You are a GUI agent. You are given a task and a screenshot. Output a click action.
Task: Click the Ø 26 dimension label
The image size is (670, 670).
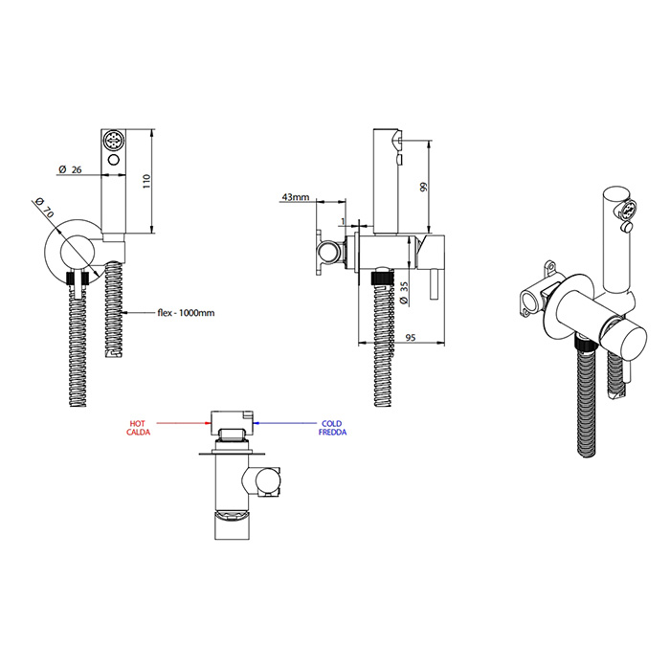coord(70,169)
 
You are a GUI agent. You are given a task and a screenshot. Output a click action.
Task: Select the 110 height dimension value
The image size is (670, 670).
coord(147,182)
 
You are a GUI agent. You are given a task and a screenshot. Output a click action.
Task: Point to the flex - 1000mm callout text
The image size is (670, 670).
coord(186,313)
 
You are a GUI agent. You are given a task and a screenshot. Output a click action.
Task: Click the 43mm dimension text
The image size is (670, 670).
coord(295,197)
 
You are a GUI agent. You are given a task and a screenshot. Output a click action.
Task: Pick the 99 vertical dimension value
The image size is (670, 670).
coord(423,188)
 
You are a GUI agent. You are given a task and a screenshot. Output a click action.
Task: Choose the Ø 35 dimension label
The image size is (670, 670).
coord(404,293)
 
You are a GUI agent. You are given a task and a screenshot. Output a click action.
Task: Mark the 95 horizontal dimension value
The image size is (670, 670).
coord(411,338)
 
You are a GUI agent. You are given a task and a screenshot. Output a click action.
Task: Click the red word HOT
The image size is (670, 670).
coord(138,423)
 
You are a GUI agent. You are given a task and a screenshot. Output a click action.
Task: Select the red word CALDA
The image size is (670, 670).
coord(139,433)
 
